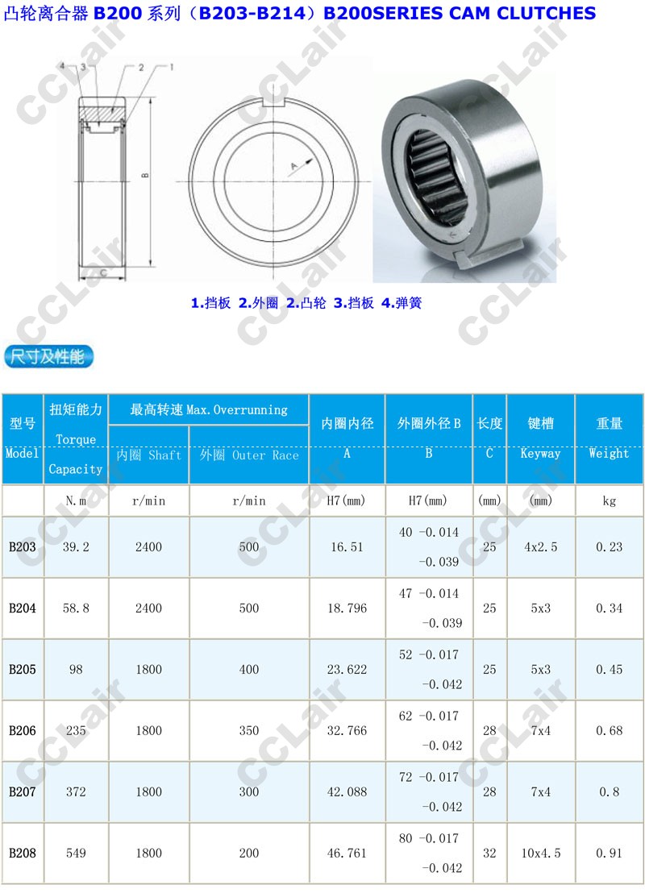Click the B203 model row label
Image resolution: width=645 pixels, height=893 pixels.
(x=23, y=547)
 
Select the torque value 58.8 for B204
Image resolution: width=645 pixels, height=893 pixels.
(x=76, y=608)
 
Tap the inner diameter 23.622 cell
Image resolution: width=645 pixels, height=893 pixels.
(x=347, y=670)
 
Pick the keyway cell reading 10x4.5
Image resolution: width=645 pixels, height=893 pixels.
(x=541, y=854)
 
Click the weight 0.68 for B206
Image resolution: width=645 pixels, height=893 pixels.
(x=609, y=731)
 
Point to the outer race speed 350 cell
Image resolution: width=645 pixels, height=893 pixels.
(x=249, y=731)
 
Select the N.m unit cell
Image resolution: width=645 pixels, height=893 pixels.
(x=76, y=501)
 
